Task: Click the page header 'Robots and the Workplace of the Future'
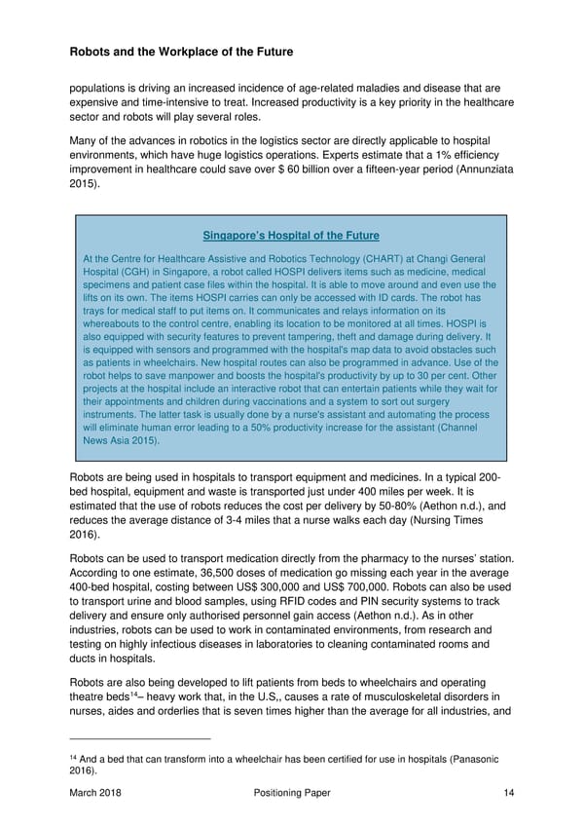pyautogui.click(x=181, y=51)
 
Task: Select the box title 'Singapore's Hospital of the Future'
pyautogui.click(x=290, y=236)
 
